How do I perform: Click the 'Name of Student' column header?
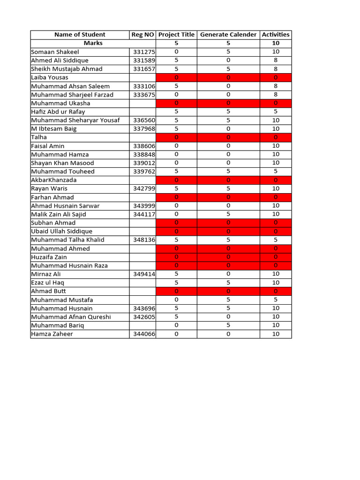[80, 35]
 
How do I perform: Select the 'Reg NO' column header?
[142, 35]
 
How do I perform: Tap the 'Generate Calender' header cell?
[228, 35]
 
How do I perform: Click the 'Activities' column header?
[276, 35]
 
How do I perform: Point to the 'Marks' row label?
[93, 43]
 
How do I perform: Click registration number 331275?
[144, 52]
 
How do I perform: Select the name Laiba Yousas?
[50, 77]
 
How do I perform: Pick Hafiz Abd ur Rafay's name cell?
[58, 112]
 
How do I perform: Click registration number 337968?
[144, 129]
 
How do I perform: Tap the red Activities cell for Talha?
[276, 137]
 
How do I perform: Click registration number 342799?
[144, 188]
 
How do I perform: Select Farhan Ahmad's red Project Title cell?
[176, 197]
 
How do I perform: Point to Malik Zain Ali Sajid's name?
[59, 214]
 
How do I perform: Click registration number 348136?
[144, 240]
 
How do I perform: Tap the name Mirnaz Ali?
[46, 274]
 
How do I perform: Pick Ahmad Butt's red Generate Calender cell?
[228, 291]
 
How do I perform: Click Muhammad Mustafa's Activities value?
[276, 300]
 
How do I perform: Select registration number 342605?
[144, 317]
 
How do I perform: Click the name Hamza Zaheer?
[52, 334]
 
